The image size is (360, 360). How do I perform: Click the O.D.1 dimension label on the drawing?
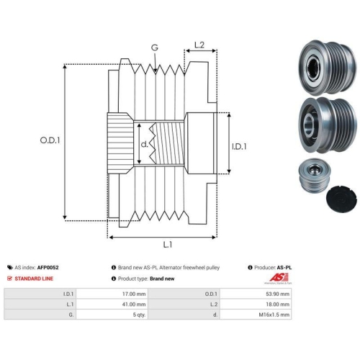pos(50,140)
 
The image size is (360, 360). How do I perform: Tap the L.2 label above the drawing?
pos(199,45)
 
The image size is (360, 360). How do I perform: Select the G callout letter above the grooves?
pos(155,48)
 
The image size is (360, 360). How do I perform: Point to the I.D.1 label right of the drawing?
pos(239,146)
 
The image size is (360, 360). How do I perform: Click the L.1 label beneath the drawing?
pos(168,245)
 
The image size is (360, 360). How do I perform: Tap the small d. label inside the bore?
pos(144,144)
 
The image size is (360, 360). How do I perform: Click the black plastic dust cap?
pos(341,198)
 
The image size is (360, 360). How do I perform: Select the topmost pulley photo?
pos(327,68)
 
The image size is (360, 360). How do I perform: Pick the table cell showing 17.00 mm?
pos(112,294)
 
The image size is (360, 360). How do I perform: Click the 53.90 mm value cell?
pos(256,294)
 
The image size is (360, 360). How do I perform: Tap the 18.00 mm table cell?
pos(256,304)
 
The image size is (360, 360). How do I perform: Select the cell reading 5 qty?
pos(112,315)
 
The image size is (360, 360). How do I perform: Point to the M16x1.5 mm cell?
pos(256,315)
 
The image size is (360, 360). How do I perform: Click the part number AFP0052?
pos(48,267)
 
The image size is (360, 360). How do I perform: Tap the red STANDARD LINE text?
pos(34,279)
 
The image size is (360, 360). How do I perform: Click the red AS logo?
pos(278,278)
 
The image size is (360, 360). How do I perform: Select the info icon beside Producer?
pos(250,267)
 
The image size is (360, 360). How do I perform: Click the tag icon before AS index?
pos(10,267)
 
